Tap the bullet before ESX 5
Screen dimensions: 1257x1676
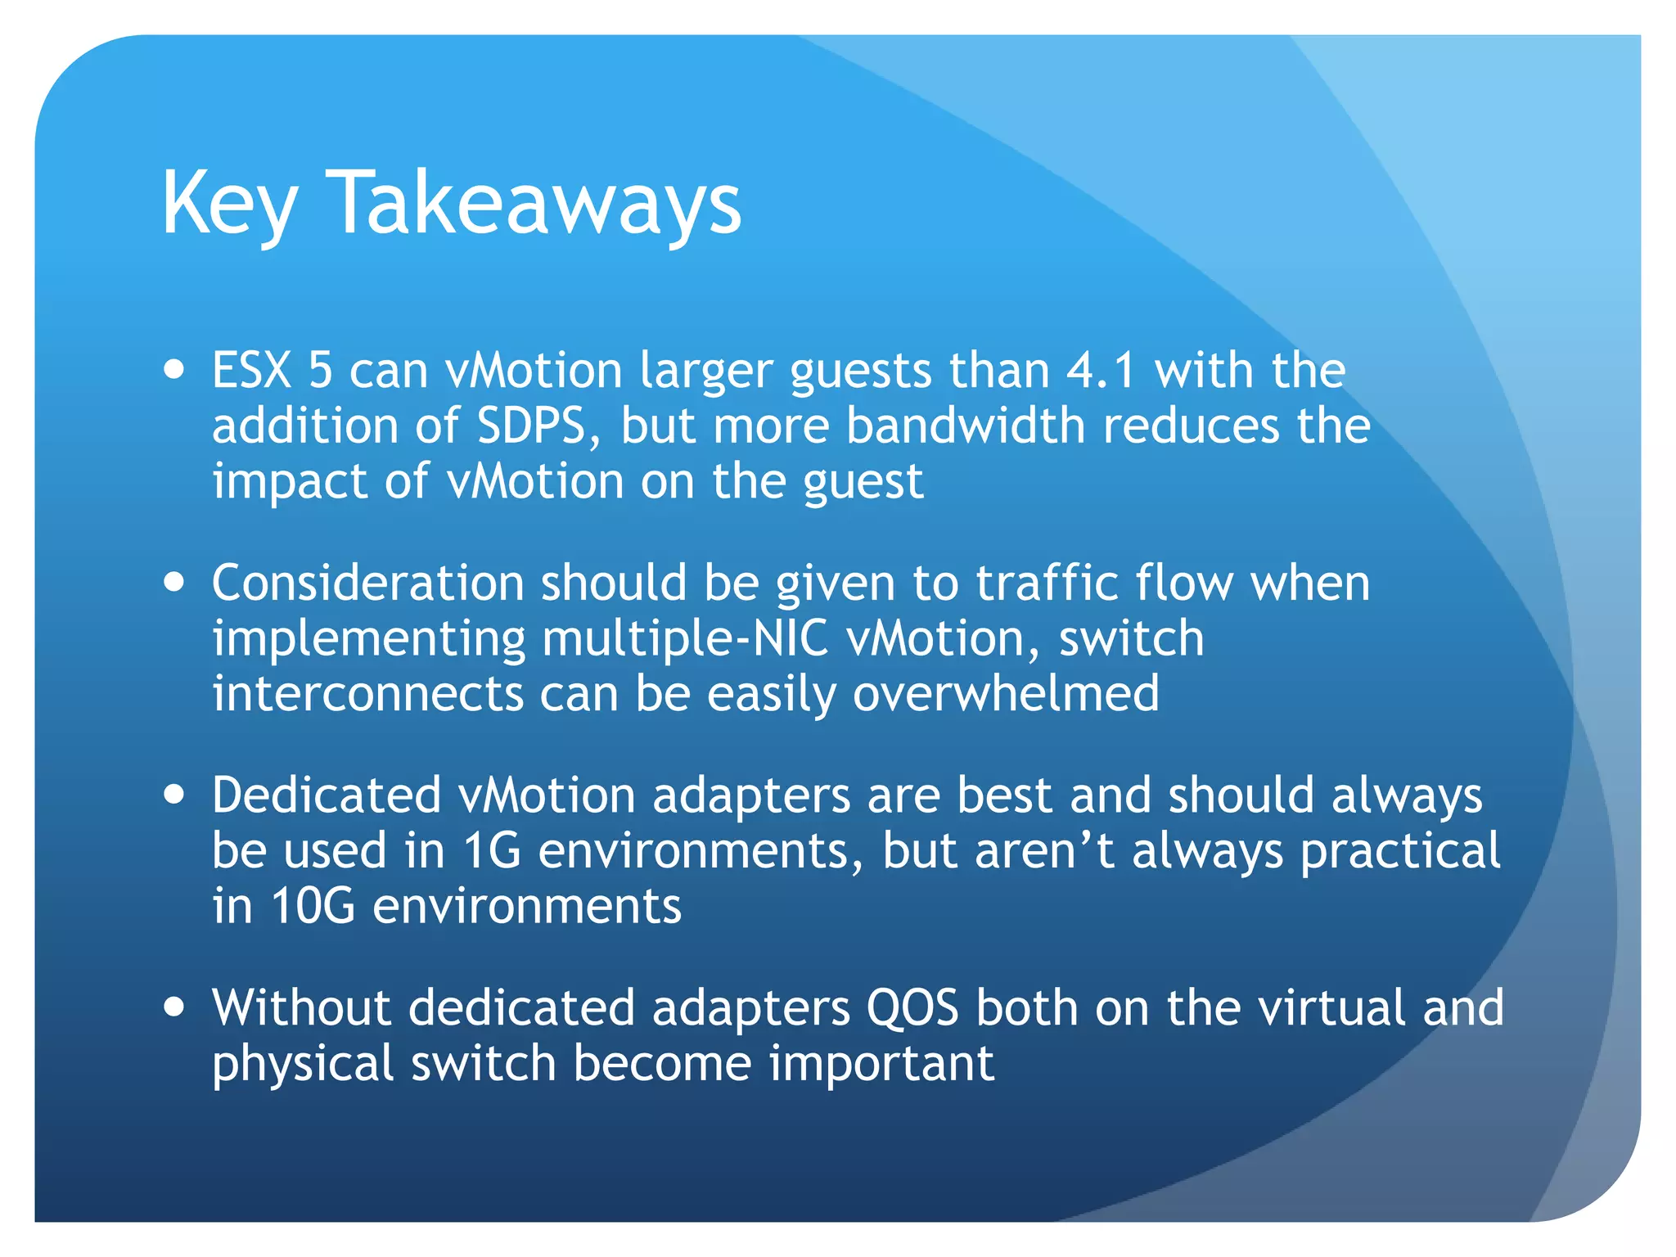coord(173,368)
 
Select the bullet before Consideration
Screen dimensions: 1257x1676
coord(173,582)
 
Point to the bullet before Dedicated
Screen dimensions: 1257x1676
coord(173,794)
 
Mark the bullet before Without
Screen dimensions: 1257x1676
coord(173,1006)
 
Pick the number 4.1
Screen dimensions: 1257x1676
coord(1101,371)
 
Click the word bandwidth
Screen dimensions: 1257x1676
coord(965,426)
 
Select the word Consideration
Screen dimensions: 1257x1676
coord(367,583)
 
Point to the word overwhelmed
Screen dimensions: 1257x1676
coord(1005,694)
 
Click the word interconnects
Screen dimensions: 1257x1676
coord(367,694)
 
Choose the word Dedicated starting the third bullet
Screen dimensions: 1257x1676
coord(326,795)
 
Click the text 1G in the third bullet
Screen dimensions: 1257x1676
coord(492,851)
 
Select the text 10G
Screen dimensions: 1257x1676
coord(313,907)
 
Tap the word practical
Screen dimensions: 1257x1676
coord(1400,851)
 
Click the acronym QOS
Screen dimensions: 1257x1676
coord(912,1007)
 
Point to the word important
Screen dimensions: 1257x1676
coord(881,1063)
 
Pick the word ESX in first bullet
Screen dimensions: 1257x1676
coord(251,371)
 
